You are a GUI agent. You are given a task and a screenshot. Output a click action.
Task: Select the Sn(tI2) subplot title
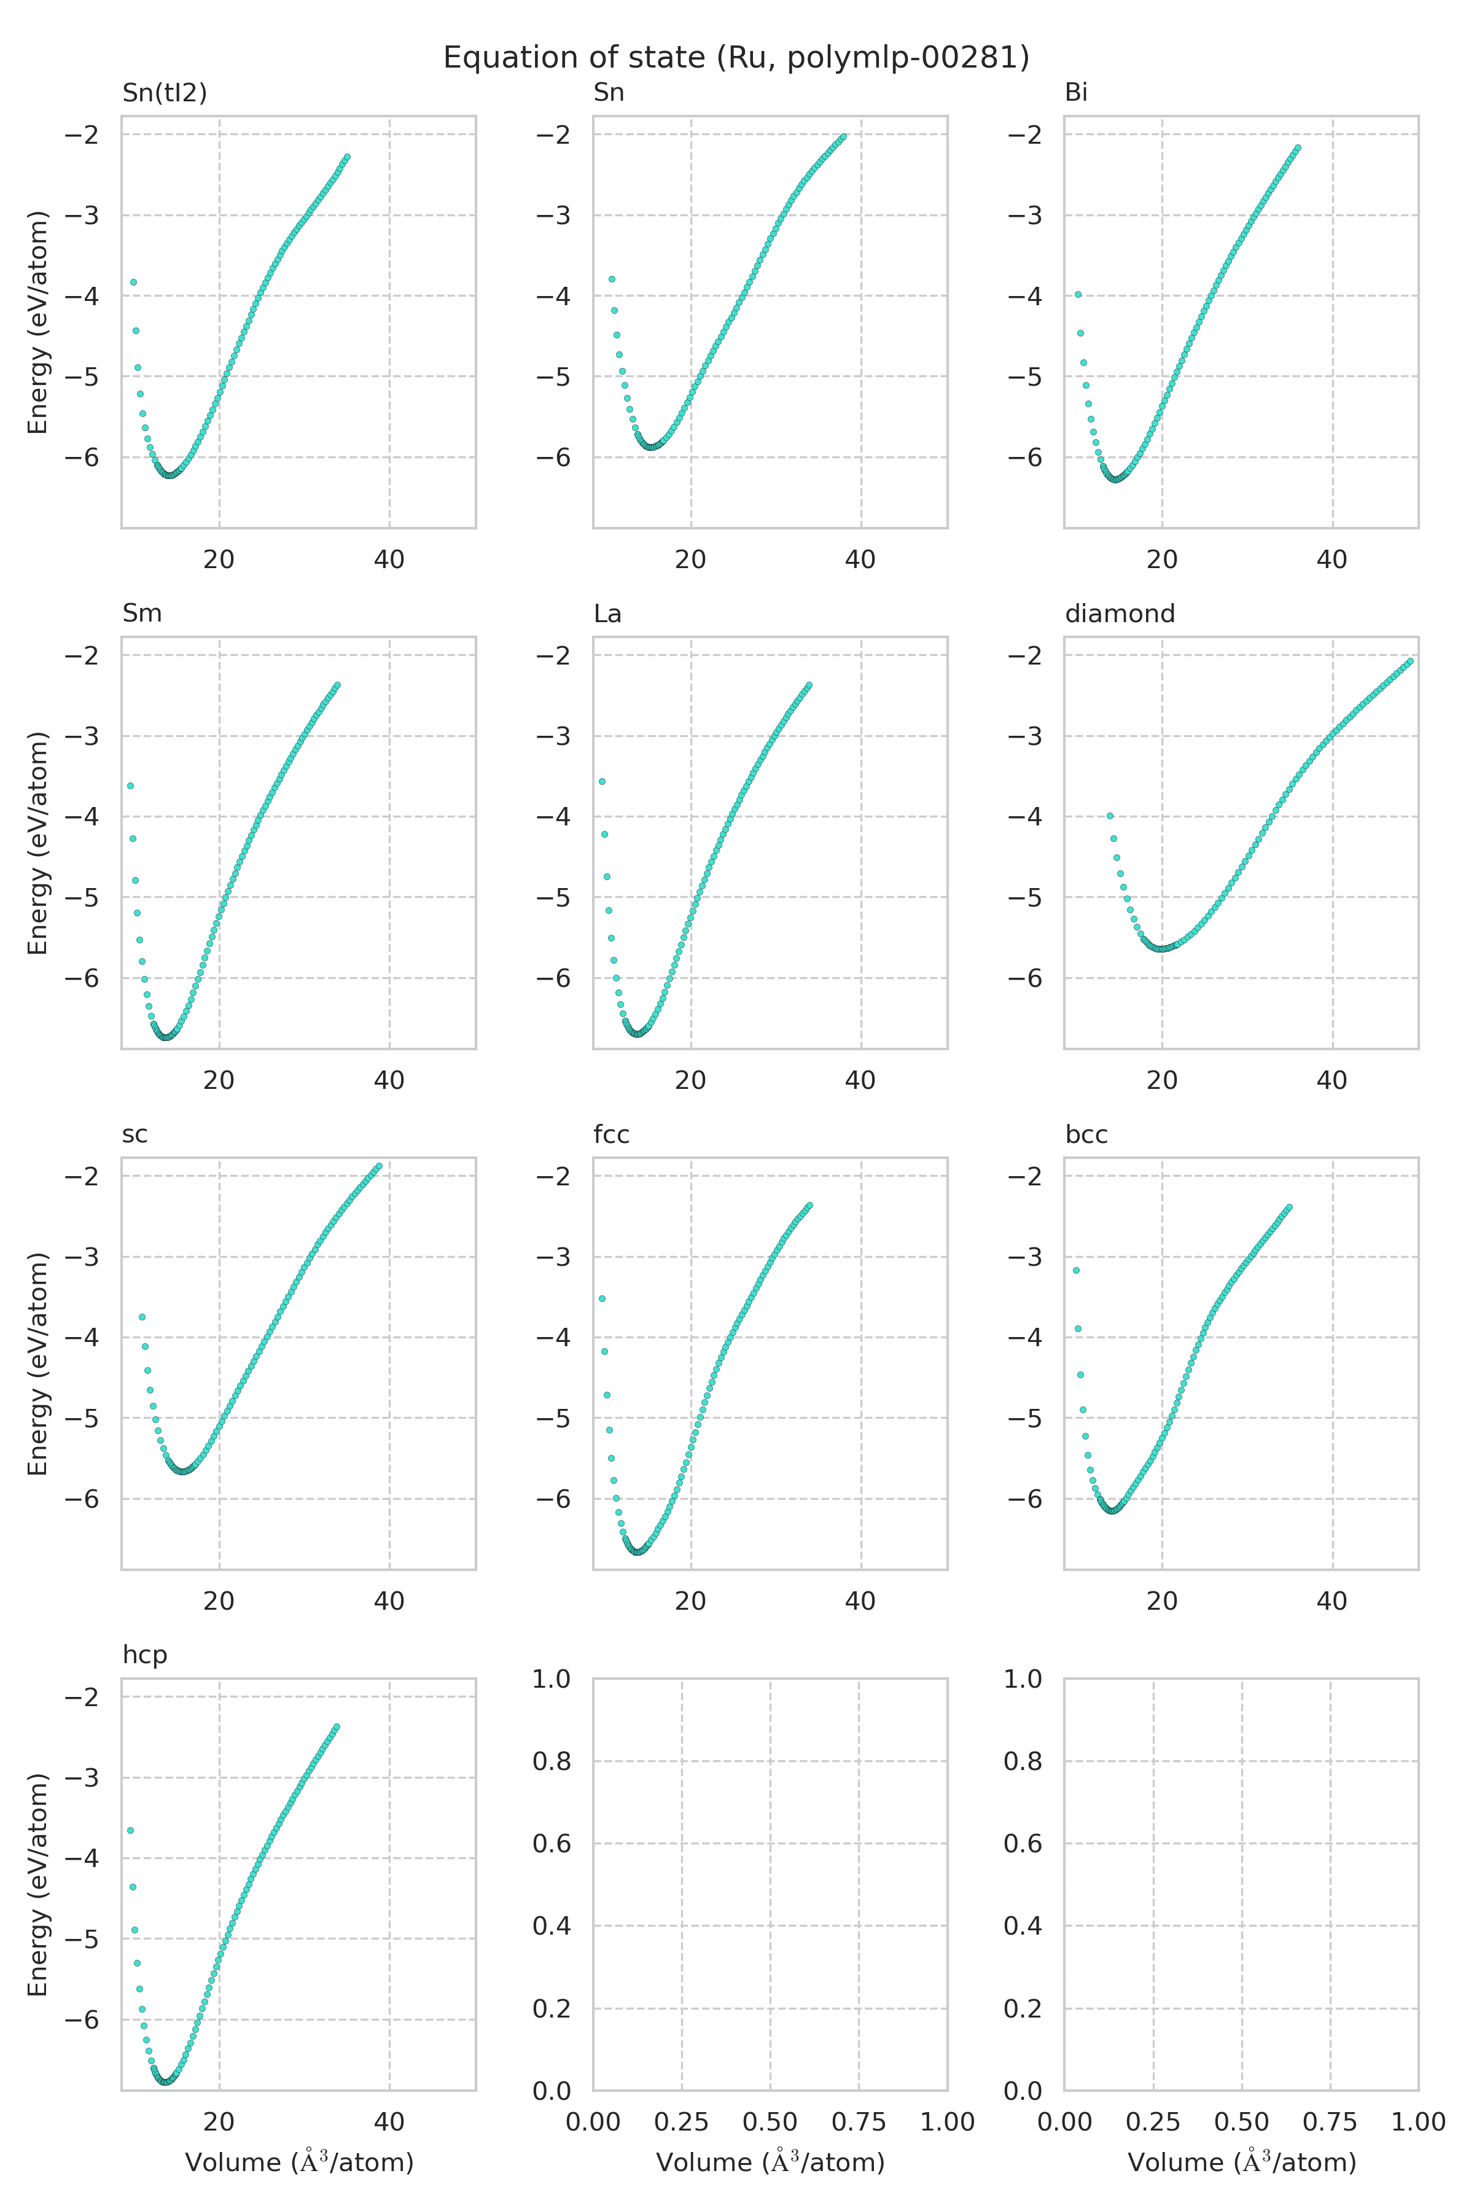[x=165, y=93]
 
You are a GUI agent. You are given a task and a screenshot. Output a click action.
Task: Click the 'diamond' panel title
[x=1120, y=614]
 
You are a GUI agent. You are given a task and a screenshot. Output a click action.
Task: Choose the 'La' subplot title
[x=607, y=614]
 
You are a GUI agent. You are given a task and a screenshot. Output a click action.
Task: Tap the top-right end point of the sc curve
[x=379, y=1166]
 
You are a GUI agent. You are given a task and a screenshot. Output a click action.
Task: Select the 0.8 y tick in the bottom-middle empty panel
[x=553, y=1761]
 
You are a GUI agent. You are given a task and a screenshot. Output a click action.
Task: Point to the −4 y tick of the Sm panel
[x=83, y=816]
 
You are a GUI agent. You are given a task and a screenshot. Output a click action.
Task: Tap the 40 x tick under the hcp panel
[x=389, y=2122]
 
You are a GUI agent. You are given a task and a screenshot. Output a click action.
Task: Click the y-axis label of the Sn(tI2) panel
[x=37, y=322]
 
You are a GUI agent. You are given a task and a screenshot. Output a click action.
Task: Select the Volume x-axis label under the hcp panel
[x=299, y=2163]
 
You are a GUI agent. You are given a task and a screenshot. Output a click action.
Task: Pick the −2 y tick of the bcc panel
[x=1026, y=1176]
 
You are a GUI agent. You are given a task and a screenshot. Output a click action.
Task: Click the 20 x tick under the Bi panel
[x=1162, y=560]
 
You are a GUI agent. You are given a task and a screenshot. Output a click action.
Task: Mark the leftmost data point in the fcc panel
[x=602, y=1298]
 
